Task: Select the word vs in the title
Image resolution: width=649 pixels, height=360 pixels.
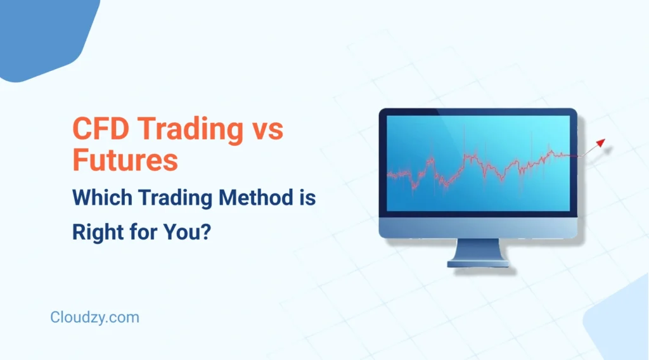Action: pos(266,129)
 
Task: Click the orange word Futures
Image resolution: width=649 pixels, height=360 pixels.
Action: pos(125,160)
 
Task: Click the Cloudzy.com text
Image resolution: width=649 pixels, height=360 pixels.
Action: pos(94,317)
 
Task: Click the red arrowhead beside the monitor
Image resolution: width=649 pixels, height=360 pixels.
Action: pos(600,143)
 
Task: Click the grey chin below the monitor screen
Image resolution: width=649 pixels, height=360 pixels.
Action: pos(478,227)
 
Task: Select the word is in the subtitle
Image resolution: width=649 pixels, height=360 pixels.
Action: pos(307,199)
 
